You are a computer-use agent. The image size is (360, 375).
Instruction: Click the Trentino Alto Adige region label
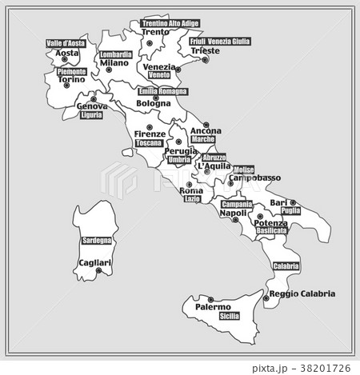pos(170,24)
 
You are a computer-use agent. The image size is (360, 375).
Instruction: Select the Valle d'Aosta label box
pos(66,43)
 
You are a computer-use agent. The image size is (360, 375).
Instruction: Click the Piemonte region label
pos(72,72)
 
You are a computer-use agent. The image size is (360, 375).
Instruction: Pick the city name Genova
pos(92,106)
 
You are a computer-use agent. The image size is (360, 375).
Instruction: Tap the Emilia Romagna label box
pos(163,92)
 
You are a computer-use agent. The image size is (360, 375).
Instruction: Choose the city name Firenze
pos(150,134)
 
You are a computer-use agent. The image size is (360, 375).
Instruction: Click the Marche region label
pos(203,139)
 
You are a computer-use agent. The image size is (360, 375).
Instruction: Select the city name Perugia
pos(180,150)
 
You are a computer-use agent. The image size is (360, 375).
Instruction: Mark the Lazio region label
pos(192,198)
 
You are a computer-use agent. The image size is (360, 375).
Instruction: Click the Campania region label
pos(237,205)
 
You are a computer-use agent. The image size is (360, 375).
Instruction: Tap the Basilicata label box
pos(271,230)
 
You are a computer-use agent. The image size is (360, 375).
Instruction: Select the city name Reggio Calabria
pos(302,293)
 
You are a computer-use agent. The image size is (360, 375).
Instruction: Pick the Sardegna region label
pos(99,240)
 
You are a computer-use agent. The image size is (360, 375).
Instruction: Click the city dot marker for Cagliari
pos(98,270)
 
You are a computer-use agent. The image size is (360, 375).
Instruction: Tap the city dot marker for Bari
pos(293,203)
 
